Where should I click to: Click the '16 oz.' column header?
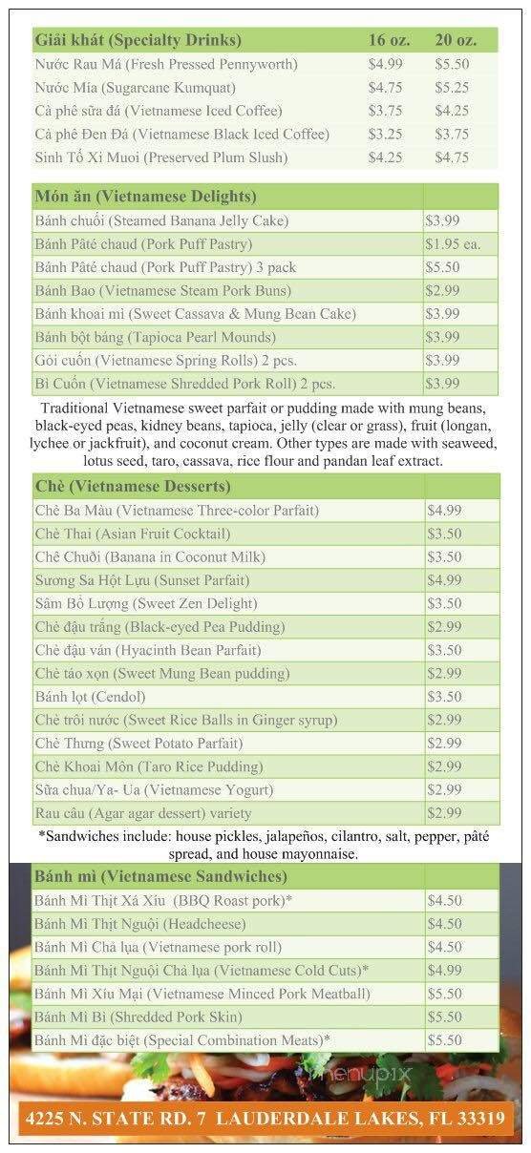[389, 40]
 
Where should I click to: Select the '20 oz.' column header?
[456, 40]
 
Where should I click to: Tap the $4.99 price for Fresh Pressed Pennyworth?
[386, 64]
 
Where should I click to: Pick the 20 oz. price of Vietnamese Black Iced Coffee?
[452, 134]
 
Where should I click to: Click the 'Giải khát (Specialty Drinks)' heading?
[138, 40]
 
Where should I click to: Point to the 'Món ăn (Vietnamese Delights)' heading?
[145, 197]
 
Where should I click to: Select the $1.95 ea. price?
[453, 244]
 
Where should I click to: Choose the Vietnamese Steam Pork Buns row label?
[162, 290]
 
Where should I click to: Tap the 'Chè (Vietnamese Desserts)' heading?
[133, 487]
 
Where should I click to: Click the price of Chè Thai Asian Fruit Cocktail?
[445, 534]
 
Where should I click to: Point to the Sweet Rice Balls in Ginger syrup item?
[185, 720]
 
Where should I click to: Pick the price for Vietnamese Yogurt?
[445, 789]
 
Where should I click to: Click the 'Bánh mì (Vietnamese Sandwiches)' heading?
[160, 876]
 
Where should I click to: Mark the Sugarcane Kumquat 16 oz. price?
[386, 87]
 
